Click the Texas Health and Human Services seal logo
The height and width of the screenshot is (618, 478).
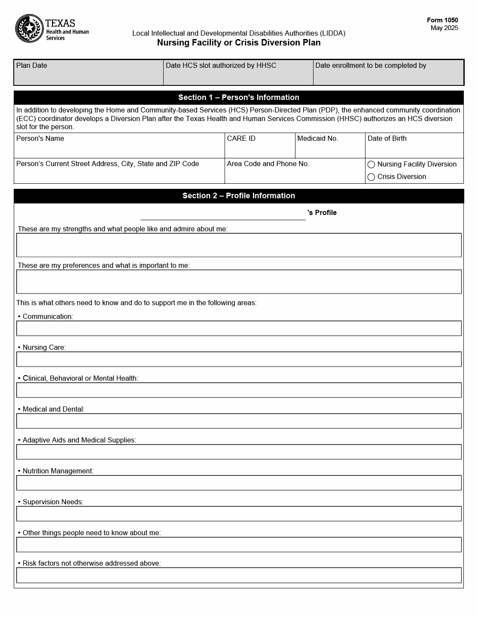29,29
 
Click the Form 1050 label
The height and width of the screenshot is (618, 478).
442,20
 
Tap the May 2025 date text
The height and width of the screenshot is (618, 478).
444,28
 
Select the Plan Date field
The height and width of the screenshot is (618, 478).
88,76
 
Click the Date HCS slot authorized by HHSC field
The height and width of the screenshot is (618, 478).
238,76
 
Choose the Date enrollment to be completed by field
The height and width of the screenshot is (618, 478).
388,76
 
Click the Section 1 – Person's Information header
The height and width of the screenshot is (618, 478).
239,97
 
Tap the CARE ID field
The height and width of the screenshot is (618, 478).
260,149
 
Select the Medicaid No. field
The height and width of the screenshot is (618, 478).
330,149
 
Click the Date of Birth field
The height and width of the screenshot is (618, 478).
414,149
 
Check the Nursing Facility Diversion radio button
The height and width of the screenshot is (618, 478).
371,164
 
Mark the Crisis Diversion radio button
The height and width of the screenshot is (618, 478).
371,177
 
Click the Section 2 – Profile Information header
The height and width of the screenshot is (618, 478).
239,196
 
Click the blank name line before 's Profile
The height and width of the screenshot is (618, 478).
223,214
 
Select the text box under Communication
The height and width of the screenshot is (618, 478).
239,328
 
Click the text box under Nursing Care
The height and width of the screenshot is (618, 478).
239,359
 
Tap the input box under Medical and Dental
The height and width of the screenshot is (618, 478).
239,421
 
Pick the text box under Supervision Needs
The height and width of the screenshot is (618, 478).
239,514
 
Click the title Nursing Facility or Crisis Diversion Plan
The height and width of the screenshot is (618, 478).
239,42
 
